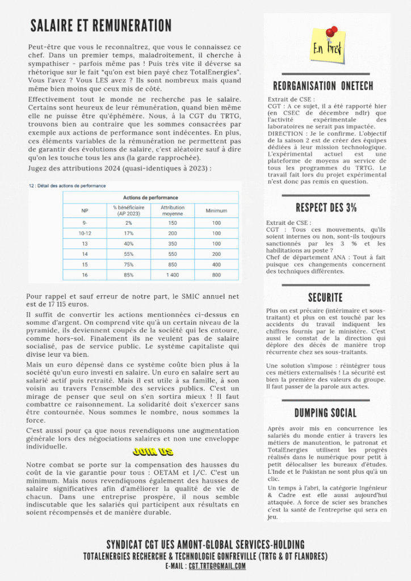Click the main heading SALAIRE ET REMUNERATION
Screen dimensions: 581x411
[101, 26]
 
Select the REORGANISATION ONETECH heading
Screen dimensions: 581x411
[323, 86]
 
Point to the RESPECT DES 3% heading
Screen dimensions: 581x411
[326, 207]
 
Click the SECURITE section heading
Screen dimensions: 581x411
[325, 297]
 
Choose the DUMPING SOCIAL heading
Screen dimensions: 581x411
[325, 412]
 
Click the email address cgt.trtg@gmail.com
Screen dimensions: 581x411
[217, 566]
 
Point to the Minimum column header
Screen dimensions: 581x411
[216, 210]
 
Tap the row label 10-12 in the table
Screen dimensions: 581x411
[85, 233]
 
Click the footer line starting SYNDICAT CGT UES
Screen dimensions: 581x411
[205, 544]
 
